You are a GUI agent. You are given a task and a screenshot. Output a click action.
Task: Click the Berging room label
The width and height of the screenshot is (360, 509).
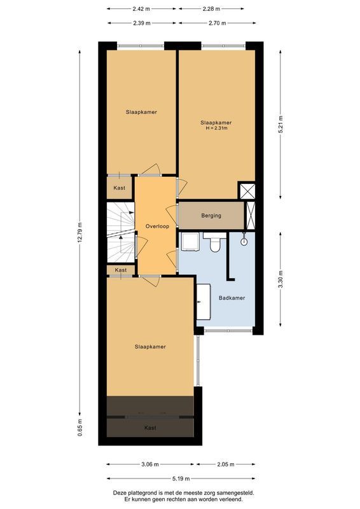[211, 216]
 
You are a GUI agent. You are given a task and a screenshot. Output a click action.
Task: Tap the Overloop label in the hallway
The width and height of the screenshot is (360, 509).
[156, 227]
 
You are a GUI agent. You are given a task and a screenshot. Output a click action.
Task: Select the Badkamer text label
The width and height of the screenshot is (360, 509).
[232, 298]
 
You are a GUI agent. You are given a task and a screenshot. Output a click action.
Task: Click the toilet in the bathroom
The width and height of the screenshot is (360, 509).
[215, 243]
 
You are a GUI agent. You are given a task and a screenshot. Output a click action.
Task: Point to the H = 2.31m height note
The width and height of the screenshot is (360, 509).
[216, 129]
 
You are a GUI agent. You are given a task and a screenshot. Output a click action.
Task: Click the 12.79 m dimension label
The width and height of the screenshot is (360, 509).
[80, 232]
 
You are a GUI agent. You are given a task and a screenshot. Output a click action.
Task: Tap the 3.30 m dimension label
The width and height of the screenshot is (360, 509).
[280, 280]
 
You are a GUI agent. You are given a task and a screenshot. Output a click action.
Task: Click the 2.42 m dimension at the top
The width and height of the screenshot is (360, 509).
[141, 9]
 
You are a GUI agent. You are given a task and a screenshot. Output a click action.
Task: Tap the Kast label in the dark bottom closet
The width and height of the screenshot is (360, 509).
[150, 428]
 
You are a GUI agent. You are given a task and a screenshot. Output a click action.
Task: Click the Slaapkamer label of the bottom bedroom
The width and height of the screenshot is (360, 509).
[150, 347]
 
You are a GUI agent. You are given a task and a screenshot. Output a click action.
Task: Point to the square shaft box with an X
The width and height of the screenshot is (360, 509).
[246, 191]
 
